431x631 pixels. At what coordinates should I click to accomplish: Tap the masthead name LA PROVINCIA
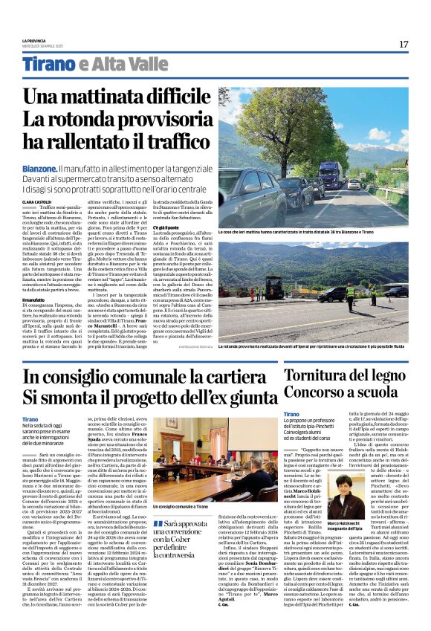33,41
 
